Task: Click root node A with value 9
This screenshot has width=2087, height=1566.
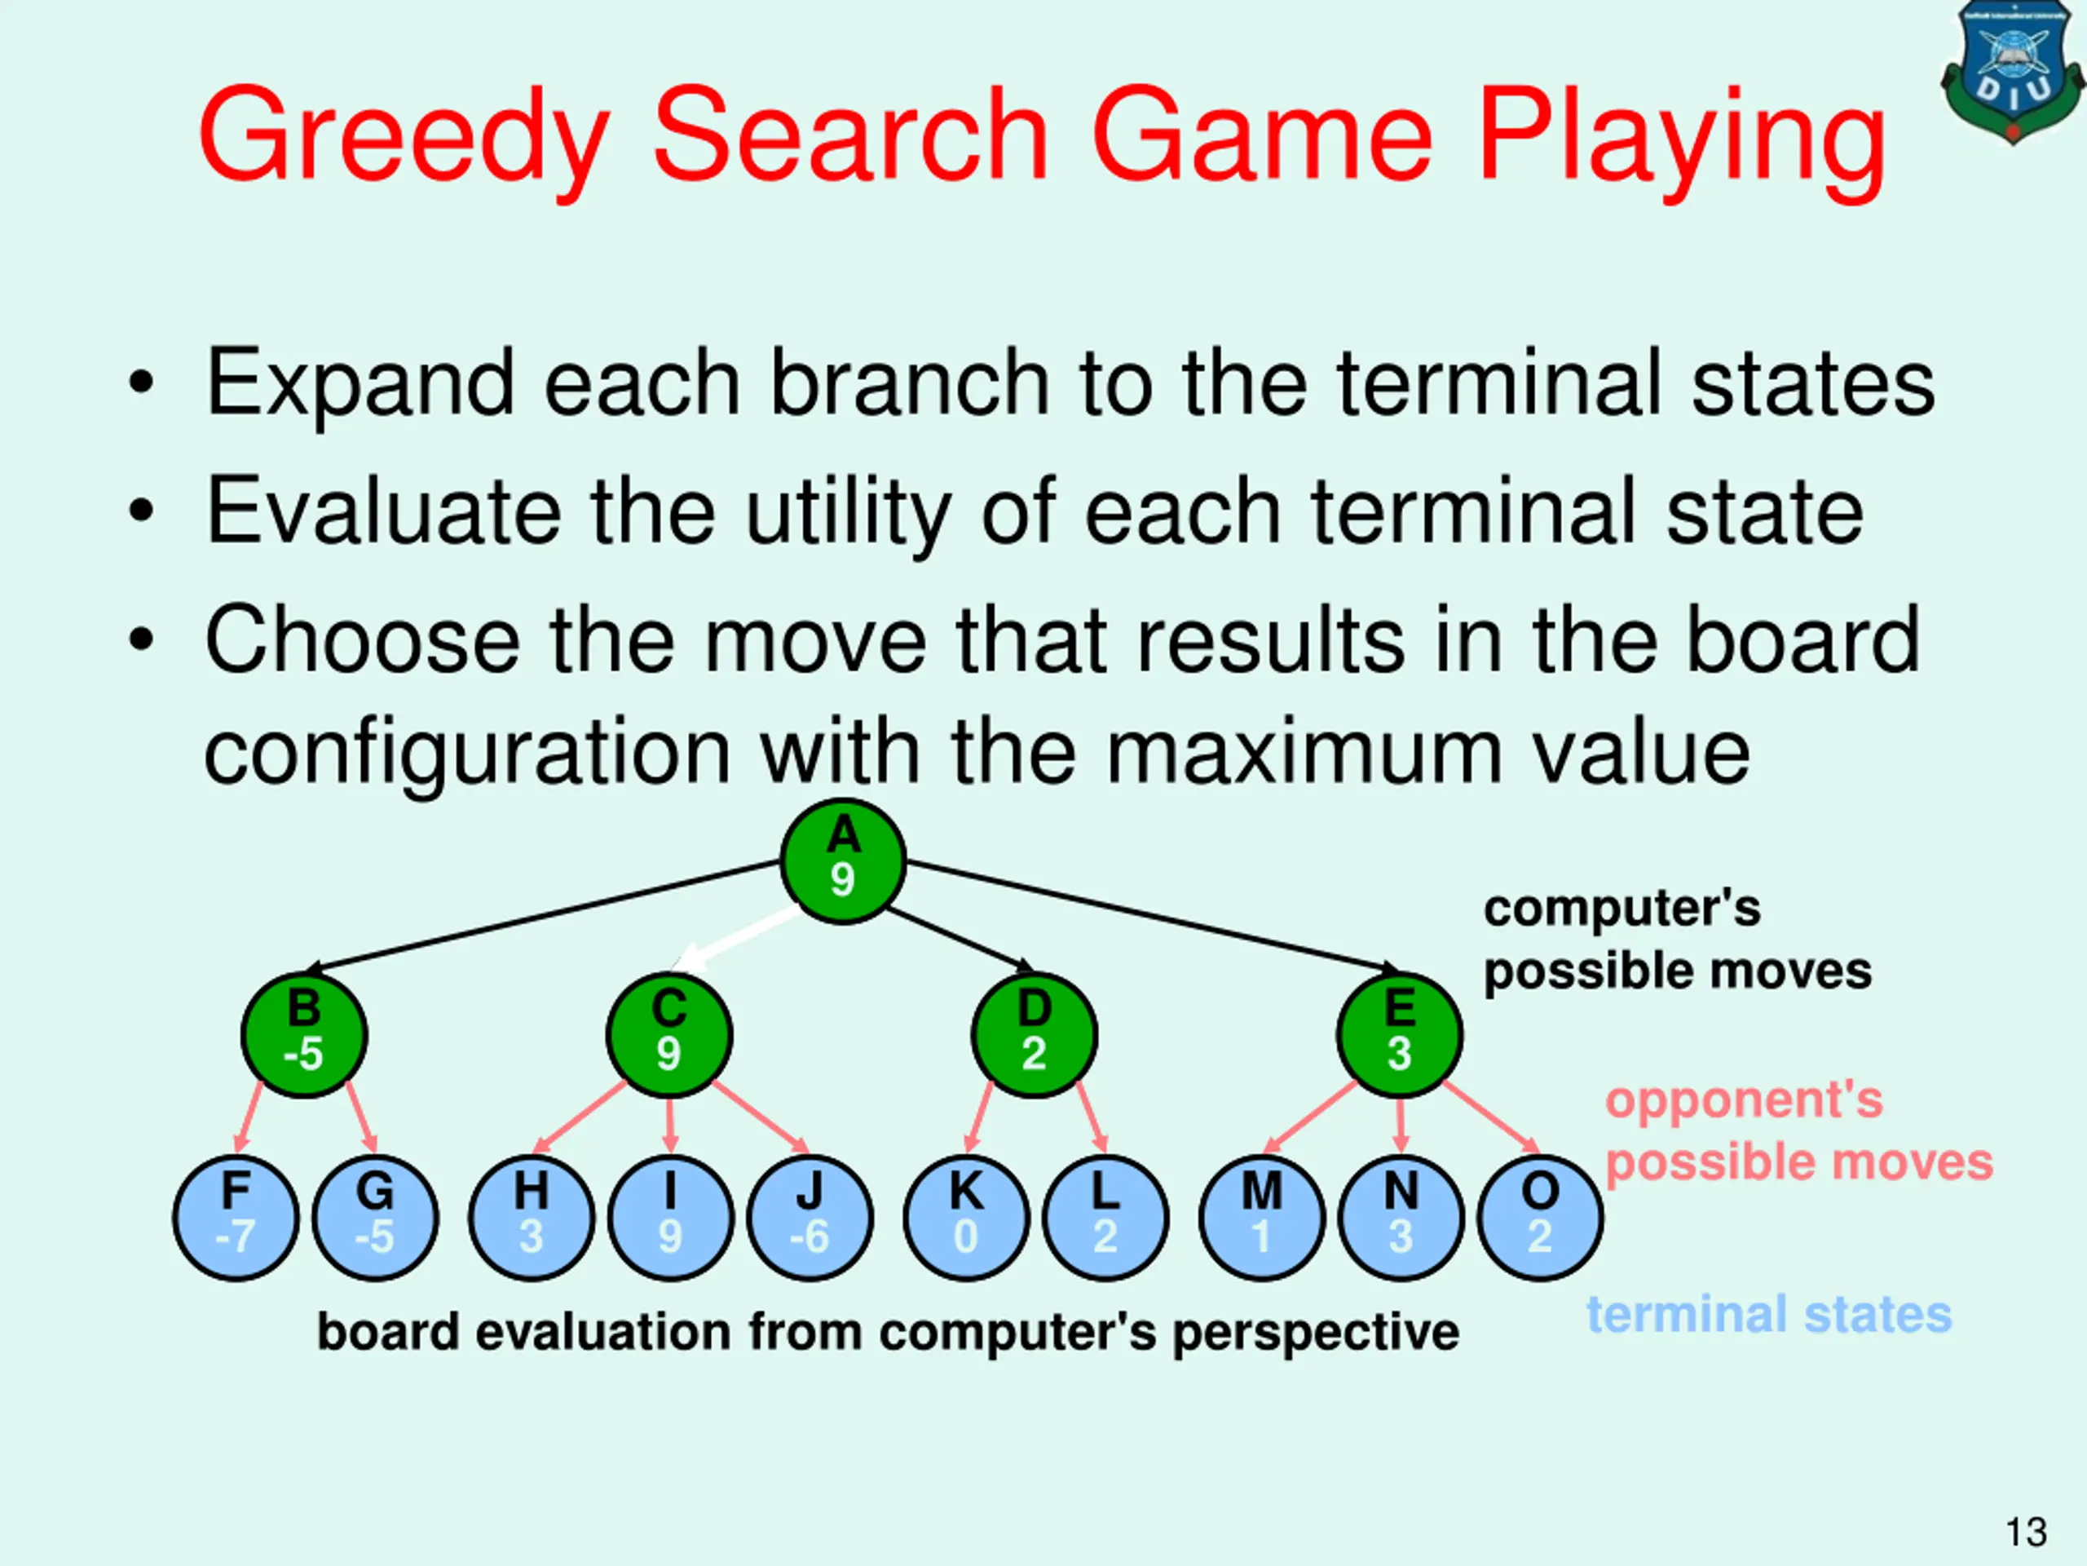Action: click(842, 860)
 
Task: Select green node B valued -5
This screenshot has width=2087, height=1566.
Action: click(304, 1034)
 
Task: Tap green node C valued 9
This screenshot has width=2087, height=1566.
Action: click(669, 1034)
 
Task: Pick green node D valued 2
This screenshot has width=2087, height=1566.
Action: click(1034, 1034)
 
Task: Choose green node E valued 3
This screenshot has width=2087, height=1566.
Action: click(1399, 1034)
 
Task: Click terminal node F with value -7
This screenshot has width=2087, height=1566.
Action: click(236, 1218)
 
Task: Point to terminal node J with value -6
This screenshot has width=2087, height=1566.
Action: click(810, 1218)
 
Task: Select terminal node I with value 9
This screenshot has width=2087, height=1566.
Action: click(670, 1218)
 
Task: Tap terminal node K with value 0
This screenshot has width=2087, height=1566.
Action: click(965, 1218)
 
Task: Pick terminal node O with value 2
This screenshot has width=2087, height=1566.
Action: click(1540, 1218)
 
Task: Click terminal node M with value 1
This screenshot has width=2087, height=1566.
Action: click(1261, 1218)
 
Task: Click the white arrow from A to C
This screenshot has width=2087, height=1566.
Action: click(740, 938)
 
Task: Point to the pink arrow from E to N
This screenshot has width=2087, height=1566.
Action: click(1400, 1123)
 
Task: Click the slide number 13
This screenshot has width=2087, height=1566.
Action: click(2026, 1532)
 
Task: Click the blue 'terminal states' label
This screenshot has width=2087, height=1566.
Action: click(1768, 1314)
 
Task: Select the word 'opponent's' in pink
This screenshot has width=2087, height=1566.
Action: click(1744, 1099)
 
